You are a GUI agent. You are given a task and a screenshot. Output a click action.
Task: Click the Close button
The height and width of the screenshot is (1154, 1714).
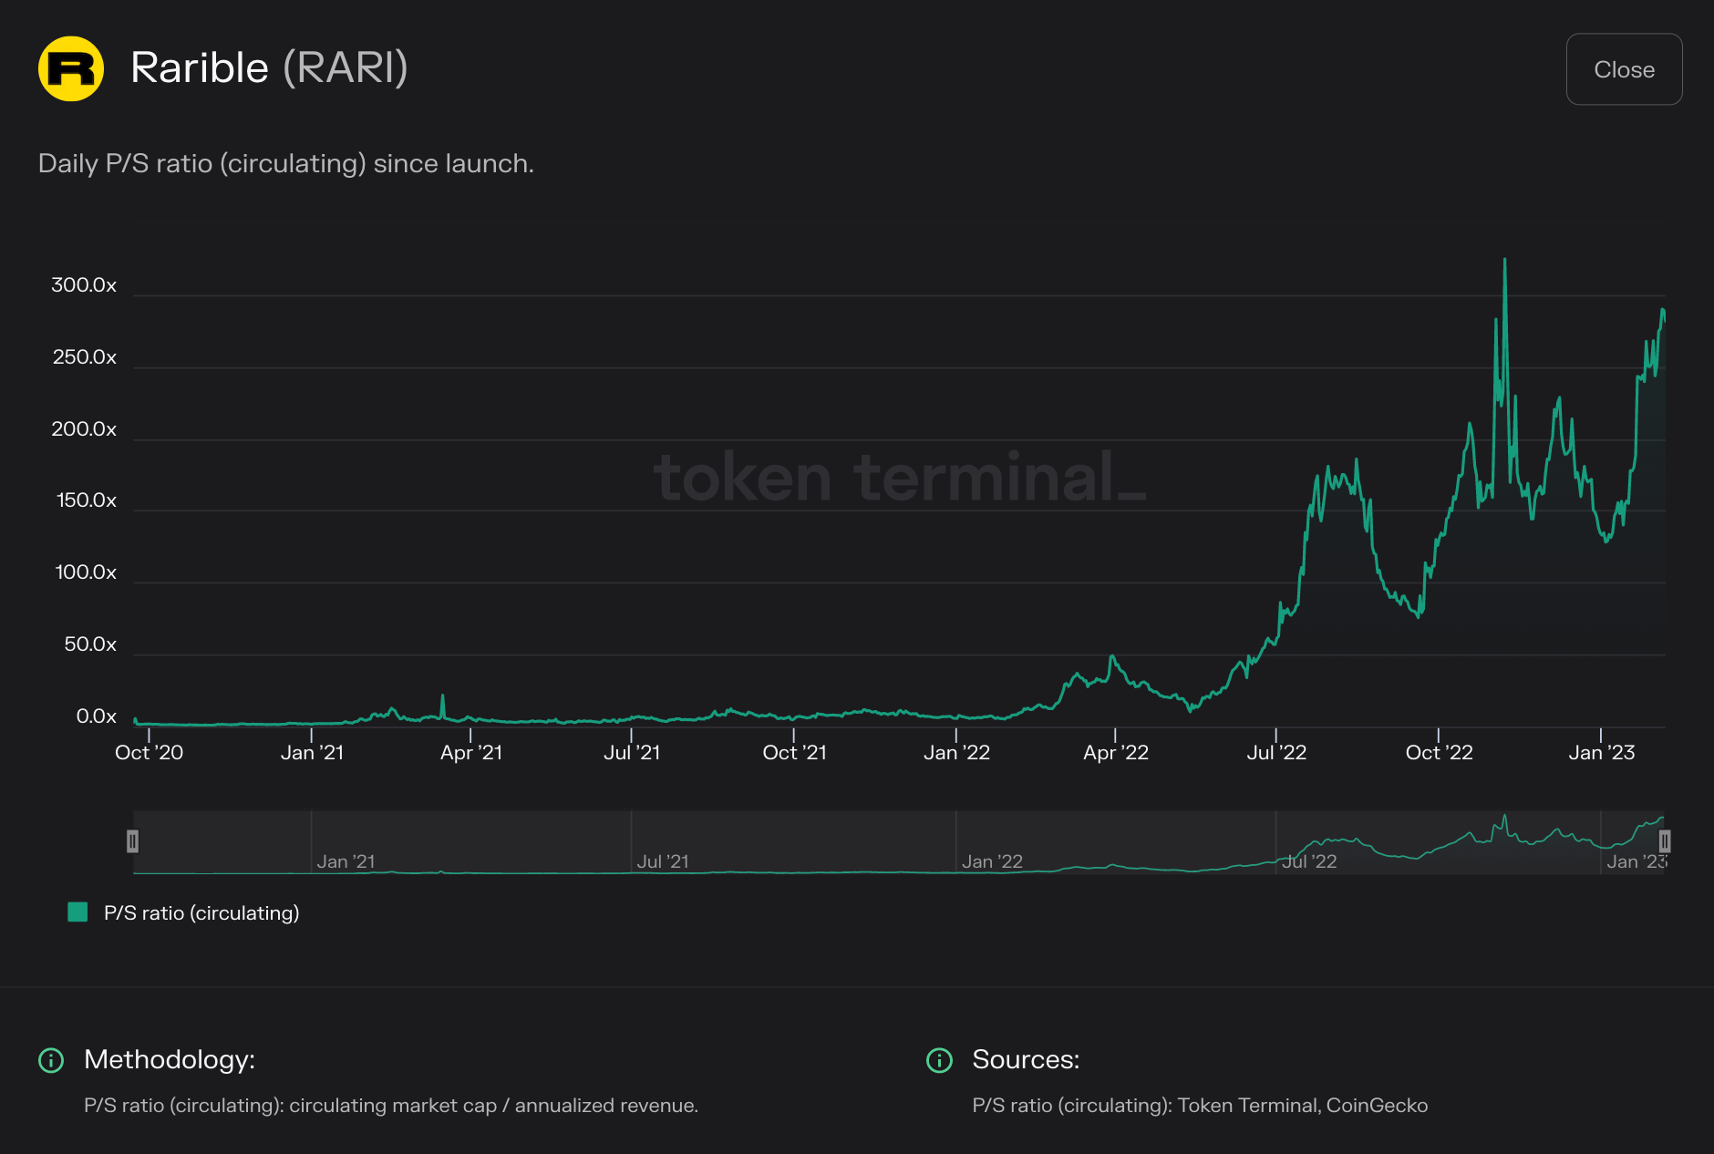coord(1624,69)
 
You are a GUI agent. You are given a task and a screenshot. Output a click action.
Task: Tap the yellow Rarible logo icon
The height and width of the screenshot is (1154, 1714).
coord(71,68)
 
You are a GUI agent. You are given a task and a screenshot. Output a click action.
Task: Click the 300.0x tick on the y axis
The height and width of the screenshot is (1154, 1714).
coord(84,285)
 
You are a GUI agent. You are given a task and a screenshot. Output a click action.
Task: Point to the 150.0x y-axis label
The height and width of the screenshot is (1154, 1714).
coord(87,500)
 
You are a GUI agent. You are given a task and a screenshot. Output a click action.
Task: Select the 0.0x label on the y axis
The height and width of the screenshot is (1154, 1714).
coord(96,716)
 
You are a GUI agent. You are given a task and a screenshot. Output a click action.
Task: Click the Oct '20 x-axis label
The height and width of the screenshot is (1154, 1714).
coord(149,753)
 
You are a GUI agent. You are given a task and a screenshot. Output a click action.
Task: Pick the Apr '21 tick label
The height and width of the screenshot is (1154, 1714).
coord(470,753)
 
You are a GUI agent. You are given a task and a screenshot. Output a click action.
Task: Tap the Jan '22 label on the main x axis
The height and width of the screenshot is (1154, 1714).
coord(956,753)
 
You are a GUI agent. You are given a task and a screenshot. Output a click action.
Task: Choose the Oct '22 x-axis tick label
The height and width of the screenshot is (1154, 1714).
coord(1439,753)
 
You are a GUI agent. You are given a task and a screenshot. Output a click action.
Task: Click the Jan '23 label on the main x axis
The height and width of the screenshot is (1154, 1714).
coord(1601,753)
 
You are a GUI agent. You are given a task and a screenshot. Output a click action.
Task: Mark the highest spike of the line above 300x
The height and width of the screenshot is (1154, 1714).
coord(1504,261)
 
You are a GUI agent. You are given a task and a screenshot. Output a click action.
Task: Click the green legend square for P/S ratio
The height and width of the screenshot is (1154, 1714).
coord(78,912)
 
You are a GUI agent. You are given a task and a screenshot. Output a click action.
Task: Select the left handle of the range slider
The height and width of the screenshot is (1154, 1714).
coord(133,841)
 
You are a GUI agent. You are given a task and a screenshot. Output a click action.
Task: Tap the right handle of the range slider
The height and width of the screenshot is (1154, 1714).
coord(1664,841)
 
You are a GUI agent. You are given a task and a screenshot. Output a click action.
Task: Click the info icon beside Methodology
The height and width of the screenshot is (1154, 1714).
coord(51,1060)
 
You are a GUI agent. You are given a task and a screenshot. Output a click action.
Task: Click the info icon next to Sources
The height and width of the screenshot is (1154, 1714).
coord(939,1060)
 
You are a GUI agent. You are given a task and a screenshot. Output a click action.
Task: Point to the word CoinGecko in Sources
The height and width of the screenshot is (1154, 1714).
coord(1377,1106)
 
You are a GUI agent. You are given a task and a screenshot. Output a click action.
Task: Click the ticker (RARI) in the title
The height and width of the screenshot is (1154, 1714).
coord(346,68)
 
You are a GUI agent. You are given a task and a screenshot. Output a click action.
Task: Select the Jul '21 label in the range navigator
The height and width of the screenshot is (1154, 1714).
coord(663,861)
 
